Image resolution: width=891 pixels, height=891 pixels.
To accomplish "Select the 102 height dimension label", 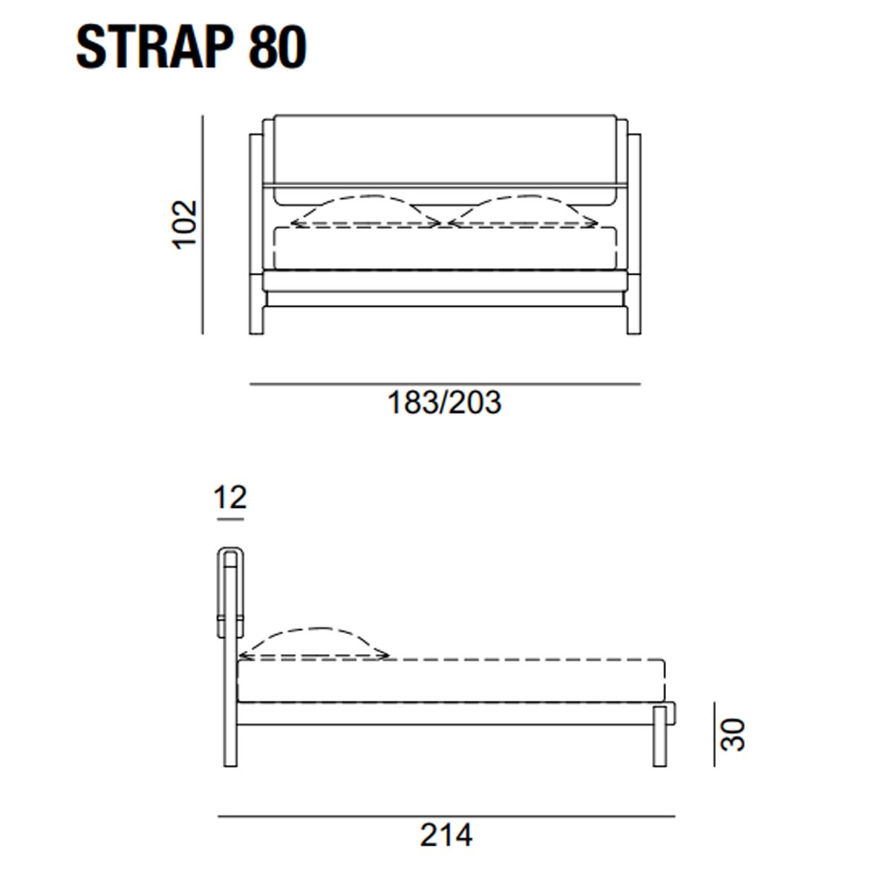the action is [x=184, y=225].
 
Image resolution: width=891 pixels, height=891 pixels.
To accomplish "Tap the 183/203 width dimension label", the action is [x=444, y=402].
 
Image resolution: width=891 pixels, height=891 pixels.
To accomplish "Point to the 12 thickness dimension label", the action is [x=229, y=497].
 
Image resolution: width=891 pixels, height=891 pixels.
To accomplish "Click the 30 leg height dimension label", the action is [x=733, y=735].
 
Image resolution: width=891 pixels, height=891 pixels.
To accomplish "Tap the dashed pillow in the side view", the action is [x=313, y=643].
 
